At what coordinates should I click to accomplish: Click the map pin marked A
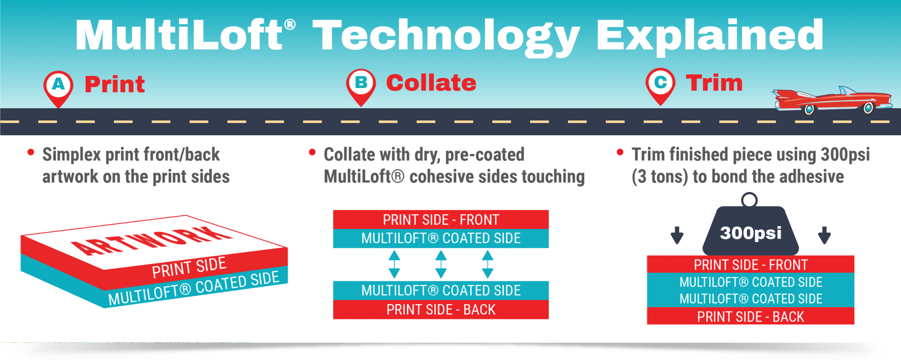coord(58,86)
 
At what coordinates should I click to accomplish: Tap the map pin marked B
coord(361,84)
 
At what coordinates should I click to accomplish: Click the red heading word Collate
coord(431,83)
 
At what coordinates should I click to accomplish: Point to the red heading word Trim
coord(714,83)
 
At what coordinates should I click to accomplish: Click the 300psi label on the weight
coord(751,233)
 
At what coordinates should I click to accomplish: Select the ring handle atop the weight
coord(749,200)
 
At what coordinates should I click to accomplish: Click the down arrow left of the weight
coord(677,235)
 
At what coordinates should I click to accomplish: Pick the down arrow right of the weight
coord(824,235)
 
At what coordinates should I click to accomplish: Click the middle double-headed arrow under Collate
coord(441,264)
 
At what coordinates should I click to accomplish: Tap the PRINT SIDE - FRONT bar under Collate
coord(441,219)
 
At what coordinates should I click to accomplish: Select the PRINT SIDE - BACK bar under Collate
coord(441,309)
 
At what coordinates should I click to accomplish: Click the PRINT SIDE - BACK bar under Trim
coord(751,316)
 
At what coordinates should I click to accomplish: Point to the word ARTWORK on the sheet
coord(152,241)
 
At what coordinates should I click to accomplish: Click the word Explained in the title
coord(709,35)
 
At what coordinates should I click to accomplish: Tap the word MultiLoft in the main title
coord(178,35)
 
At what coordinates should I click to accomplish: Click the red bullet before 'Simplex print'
coord(31,153)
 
